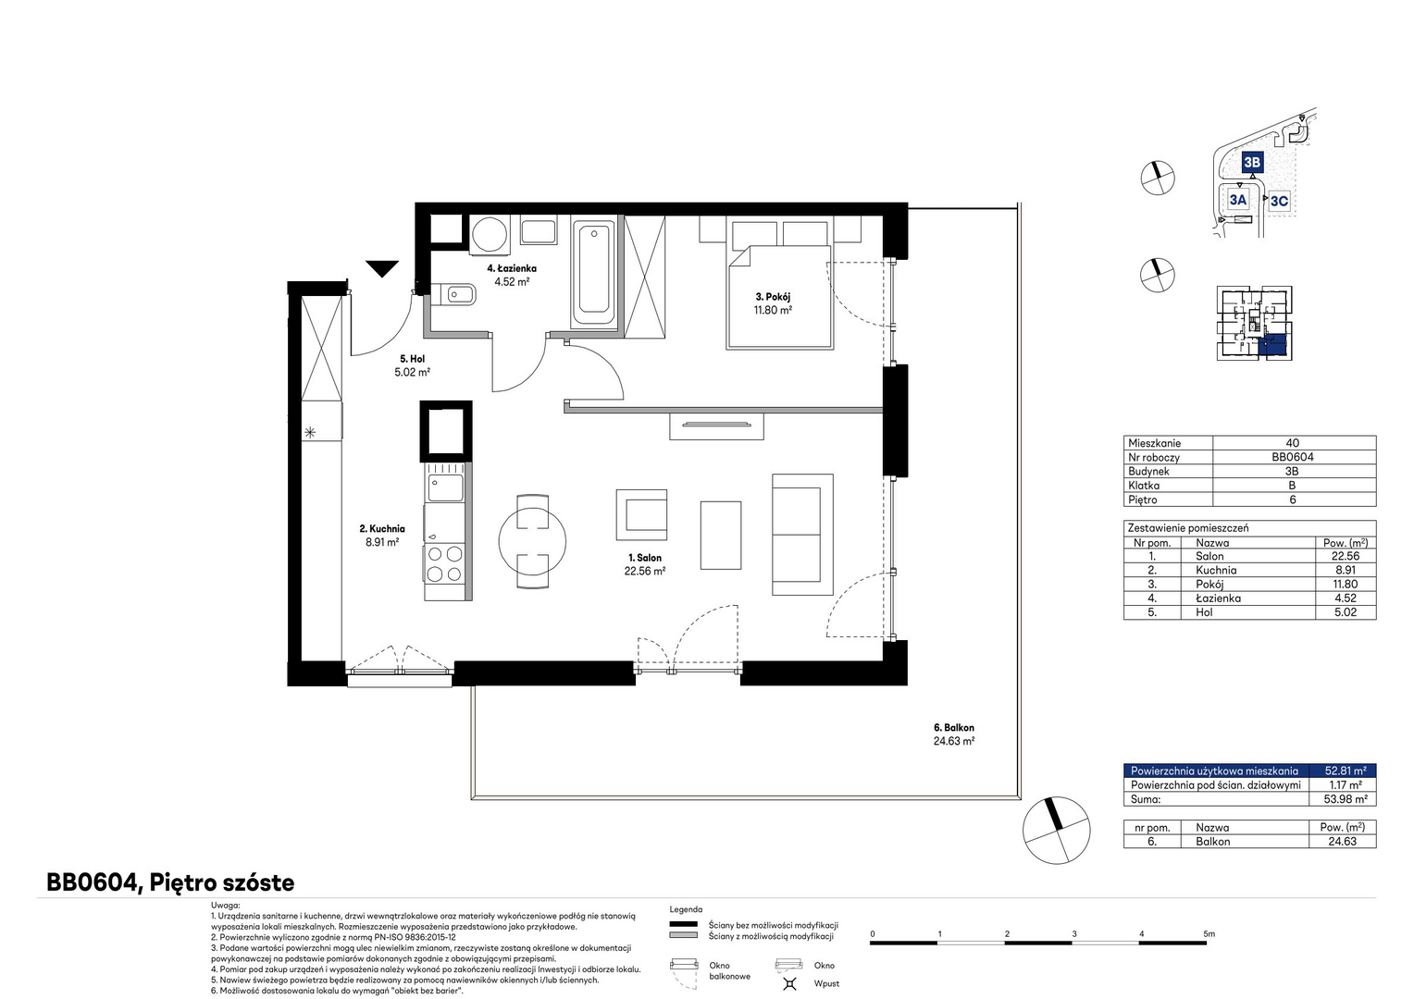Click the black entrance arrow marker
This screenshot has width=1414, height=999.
(x=382, y=268)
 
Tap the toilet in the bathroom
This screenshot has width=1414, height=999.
(x=453, y=294)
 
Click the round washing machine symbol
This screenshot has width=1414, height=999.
(x=490, y=235)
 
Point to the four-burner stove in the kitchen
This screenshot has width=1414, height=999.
(x=444, y=563)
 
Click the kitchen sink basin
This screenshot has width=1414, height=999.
(x=445, y=487)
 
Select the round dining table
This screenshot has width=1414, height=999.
(x=532, y=541)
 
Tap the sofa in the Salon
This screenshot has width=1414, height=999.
(x=802, y=535)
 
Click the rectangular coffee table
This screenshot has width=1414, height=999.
(x=720, y=536)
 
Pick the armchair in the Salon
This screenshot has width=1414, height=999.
(x=641, y=514)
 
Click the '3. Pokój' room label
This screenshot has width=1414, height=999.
(x=773, y=297)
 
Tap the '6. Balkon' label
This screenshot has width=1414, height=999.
(x=954, y=728)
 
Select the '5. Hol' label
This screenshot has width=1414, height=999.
(x=412, y=359)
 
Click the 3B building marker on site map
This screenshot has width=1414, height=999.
(x=1252, y=162)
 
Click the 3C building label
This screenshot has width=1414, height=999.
(x=1279, y=201)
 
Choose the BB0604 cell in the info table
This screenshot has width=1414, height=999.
(x=1292, y=457)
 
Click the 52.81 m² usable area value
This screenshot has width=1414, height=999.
(x=1346, y=771)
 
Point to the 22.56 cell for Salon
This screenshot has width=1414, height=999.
(x=1345, y=556)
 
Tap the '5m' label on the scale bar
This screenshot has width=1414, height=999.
(x=1209, y=933)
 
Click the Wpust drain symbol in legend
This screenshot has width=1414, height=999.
(x=789, y=983)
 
